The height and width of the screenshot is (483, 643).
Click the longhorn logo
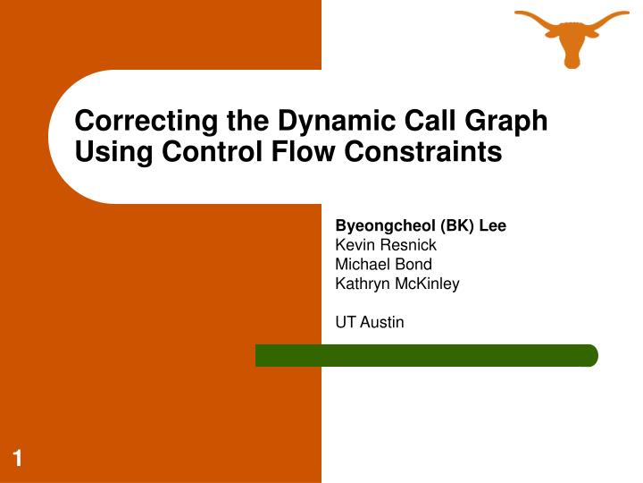pos(572,36)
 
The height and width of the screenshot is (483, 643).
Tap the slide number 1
pos(17,460)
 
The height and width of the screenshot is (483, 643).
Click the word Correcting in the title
pos(138,121)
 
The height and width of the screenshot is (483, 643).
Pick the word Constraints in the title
pos(423,153)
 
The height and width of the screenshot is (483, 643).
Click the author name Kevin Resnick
pos(386,245)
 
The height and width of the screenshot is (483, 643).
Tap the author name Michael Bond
pos(383,264)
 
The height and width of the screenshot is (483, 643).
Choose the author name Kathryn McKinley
pos(397,284)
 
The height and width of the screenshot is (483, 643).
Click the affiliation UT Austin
pos(369,322)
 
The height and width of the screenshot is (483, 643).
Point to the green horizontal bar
pos(427,355)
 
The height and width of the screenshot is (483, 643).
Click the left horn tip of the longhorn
pos(518,13)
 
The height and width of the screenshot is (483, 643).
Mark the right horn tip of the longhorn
pos(627,13)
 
